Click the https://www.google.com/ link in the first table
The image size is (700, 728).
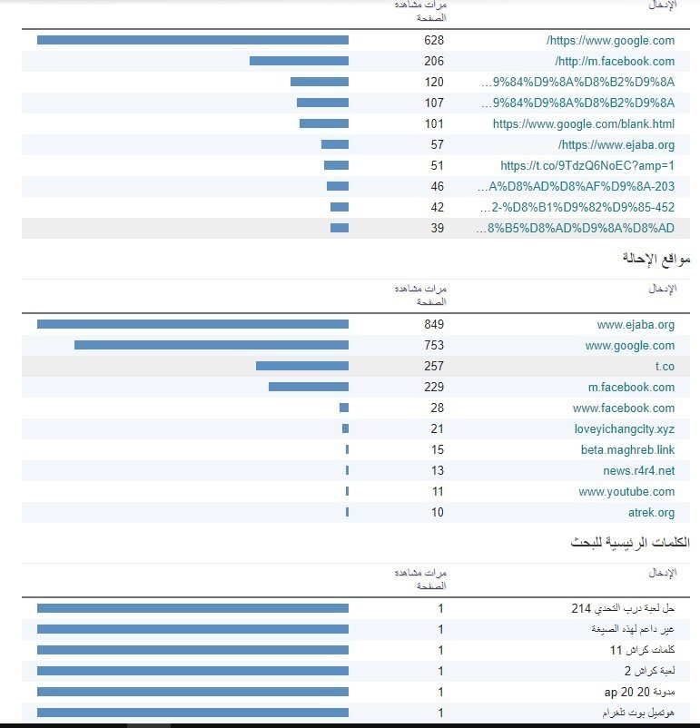click(x=611, y=40)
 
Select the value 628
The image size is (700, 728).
click(x=434, y=40)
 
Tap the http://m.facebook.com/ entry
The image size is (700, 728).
click(x=616, y=61)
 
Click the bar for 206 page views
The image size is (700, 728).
click(x=299, y=61)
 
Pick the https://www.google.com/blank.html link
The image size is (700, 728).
click(x=584, y=123)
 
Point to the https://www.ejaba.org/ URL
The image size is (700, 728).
click(x=616, y=144)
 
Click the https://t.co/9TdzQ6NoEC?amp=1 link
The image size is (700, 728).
click(x=587, y=165)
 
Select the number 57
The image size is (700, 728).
click(x=437, y=144)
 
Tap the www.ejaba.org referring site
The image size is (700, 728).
click(x=636, y=324)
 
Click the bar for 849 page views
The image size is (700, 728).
click(x=192, y=324)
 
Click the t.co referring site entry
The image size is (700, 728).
click(x=665, y=366)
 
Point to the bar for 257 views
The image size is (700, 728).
click(x=301, y=366)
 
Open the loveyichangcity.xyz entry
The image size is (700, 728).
click(x=625, y=428)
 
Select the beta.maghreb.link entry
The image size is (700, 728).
click(x=628, y=449)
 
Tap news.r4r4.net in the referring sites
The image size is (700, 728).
click(x=639, y=470)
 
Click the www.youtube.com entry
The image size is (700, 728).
click(x=626, y=491)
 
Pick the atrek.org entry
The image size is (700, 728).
click(x=652, y=512)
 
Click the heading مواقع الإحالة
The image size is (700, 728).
click(x=656, y=258)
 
